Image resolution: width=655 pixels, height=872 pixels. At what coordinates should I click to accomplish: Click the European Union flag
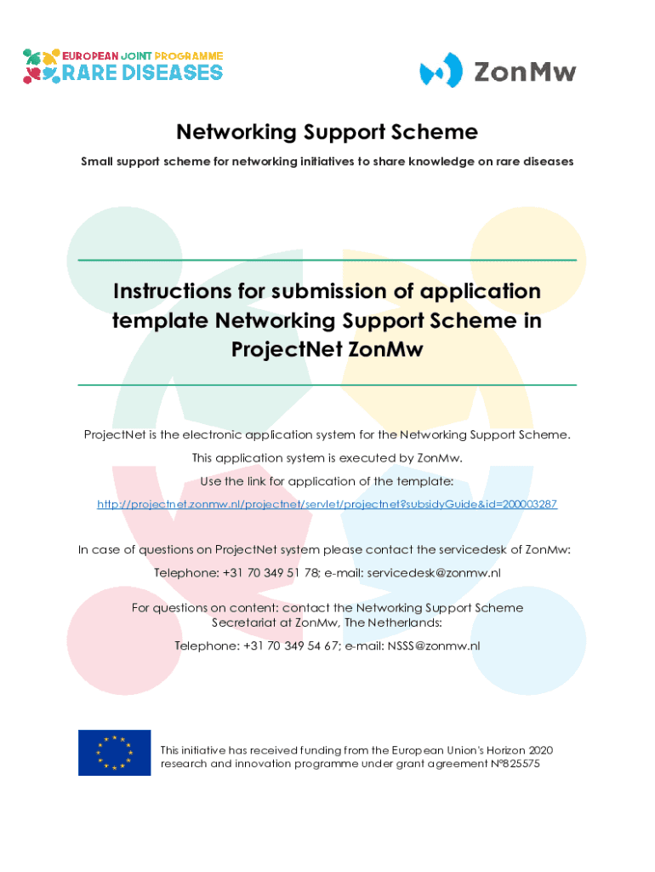tap(115, 753)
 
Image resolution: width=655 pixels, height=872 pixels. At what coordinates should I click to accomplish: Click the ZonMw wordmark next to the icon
tap(525, 72)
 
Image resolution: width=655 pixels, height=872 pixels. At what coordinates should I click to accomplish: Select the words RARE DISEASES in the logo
tap(142, 73)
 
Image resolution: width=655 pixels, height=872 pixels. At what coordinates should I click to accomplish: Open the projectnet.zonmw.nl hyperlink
tap(327, 504)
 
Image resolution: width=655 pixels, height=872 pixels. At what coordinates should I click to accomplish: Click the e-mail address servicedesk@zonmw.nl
tap(434, 573)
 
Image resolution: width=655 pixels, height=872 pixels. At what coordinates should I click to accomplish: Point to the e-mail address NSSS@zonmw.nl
tap(434, 645)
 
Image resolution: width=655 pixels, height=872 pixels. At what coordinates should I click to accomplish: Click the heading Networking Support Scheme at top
tap(327, 132)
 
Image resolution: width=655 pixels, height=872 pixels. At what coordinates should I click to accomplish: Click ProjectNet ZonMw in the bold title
tap(327, 349)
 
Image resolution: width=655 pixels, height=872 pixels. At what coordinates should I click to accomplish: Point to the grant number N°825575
tap(515, 764)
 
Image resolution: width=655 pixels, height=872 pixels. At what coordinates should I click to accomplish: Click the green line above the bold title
tap(327, 260)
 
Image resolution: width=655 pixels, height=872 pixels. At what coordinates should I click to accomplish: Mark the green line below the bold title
tap(327, 384)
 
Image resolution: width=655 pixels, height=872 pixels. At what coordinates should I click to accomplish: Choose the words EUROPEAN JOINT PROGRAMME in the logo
tap(142, 56)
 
